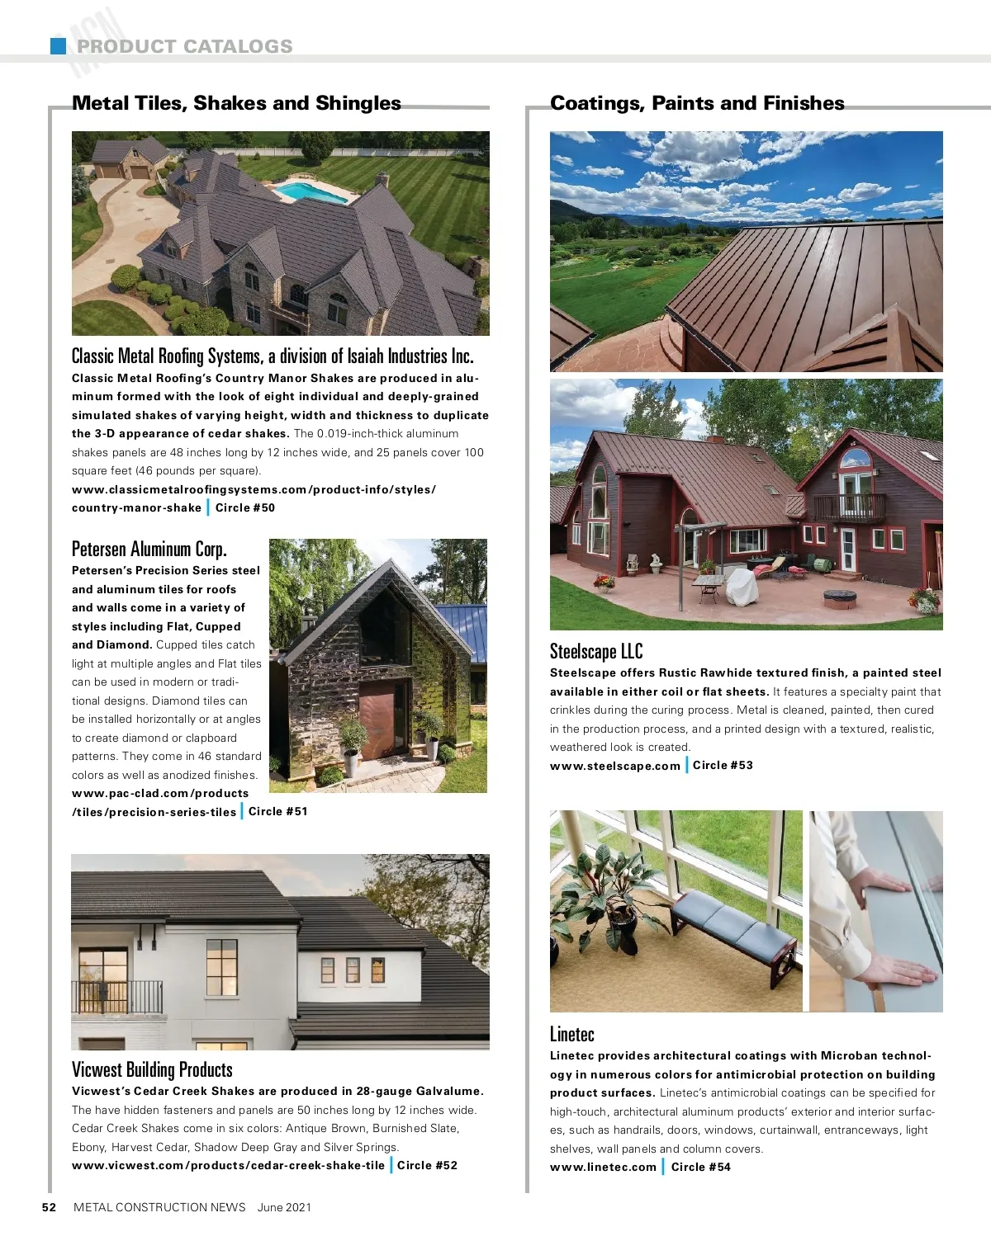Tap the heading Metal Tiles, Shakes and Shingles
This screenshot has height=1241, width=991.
coord(236,103)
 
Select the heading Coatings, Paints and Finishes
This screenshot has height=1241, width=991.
coord(697,103)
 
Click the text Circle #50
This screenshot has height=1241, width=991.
coord(245,507)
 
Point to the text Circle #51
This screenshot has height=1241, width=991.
coord(278,811)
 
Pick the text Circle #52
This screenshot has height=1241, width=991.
coord(427,1165)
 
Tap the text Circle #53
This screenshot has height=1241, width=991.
coord(723,765)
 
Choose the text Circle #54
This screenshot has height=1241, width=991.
coord(700,1167)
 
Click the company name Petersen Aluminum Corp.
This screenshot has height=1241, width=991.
coord(149,549)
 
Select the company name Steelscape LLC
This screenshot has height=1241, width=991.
coord(596,652)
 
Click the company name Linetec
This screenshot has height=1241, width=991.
coord(572,1034)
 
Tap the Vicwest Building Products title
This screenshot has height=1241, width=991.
coord(152,1069)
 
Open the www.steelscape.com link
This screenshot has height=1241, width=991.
coord(615,766)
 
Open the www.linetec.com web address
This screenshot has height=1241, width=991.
coord(603,1167)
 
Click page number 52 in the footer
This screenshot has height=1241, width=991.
coord(50,1207)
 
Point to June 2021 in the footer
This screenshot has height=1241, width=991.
coord(284,1207)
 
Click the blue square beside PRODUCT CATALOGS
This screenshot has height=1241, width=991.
coord(58,46)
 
